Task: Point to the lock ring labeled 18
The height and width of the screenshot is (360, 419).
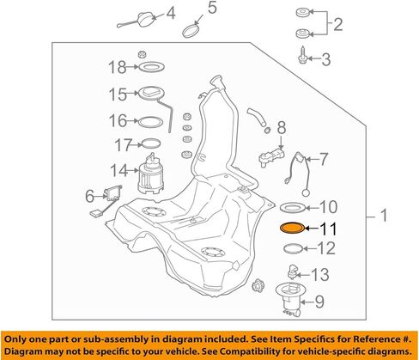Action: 152,67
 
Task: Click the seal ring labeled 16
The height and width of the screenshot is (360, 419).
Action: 152,120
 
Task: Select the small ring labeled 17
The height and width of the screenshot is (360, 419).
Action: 151,143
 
